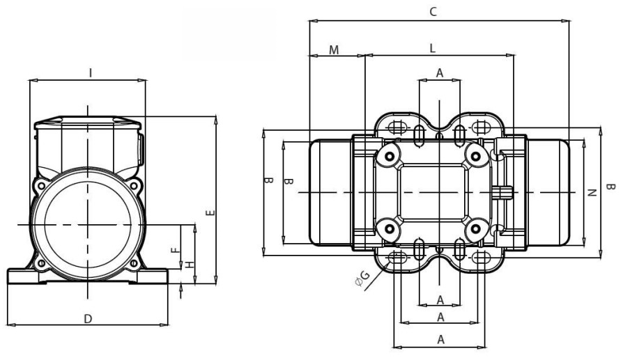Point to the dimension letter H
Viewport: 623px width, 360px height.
tap(189, 263)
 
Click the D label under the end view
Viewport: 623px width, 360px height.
tap(88, 318)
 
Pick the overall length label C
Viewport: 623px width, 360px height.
tap(433, 11)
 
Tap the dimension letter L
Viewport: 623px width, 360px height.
tap(433, 49)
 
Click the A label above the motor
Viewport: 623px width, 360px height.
tap(439, 72)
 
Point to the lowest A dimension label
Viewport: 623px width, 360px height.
tap(439, 339)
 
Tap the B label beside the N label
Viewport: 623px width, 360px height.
tap(610, 187)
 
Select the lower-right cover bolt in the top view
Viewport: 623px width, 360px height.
tap(476, 229)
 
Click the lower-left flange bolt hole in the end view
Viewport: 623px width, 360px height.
tap(41, 263)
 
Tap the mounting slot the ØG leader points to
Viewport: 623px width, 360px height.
tap(398, 258)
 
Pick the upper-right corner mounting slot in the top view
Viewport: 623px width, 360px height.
tap(480, 127)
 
